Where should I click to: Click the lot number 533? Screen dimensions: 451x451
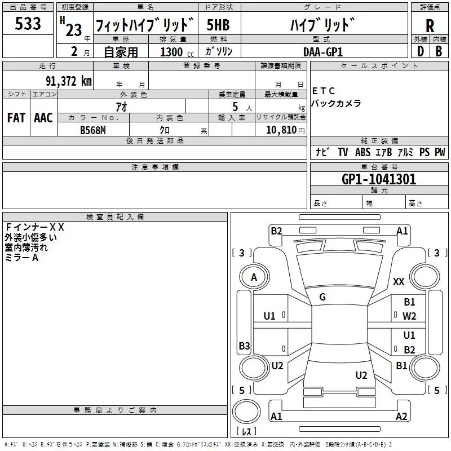[x=28, y=24]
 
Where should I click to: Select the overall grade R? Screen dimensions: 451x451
[x=430, y=26]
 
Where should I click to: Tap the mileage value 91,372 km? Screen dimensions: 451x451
[x=68, y=81]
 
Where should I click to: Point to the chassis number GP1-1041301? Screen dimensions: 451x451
[x=379, y=179]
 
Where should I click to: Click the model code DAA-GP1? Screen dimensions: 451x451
[x=323, y=52]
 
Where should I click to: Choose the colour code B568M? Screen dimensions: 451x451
[x=93, y=130]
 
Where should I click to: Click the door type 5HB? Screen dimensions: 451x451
[x=218, y=25]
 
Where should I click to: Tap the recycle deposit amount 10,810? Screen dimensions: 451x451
[x=281, y=130]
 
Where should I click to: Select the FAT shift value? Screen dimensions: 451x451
[x=16, y=118]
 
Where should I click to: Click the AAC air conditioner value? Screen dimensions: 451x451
[x=43, y=118]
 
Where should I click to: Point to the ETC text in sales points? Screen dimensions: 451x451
[x=323, y=91]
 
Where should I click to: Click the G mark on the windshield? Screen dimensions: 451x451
[x=322, y=297]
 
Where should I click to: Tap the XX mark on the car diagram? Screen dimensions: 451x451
[x=399, y=281]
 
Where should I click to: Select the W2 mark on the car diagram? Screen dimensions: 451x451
[x=409, y=316]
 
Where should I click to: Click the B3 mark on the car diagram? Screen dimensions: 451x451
[x=244, y=346]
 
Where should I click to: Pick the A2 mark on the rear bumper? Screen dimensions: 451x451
[x=401, y=416]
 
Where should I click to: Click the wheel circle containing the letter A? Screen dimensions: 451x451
[x=254, y=265]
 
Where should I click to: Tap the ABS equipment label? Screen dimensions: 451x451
[x=362, y=152]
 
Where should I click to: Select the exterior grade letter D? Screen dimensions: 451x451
[x=421, y=51]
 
